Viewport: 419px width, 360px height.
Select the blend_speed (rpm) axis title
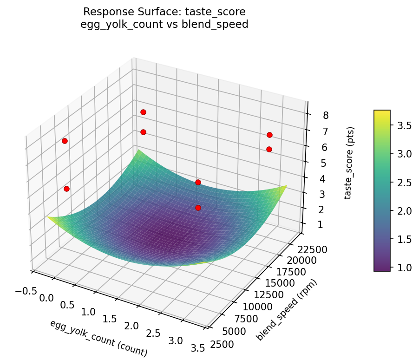(286, 310)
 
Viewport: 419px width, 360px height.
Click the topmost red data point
(143, 112)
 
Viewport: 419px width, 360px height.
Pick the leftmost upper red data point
(65, 141)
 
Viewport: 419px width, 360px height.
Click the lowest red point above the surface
(198, 208)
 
